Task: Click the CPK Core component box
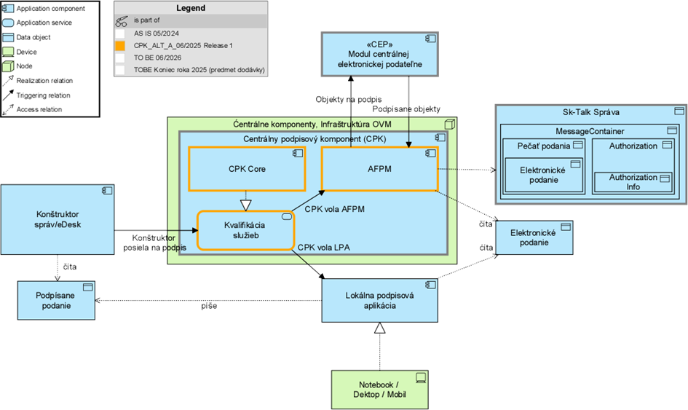247,170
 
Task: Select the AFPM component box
379,170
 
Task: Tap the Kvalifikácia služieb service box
245,230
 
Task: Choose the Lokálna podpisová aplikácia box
380,300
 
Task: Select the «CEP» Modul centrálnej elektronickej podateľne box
379,53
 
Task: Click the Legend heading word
191,9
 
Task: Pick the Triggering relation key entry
44,95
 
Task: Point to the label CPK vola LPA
323,248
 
